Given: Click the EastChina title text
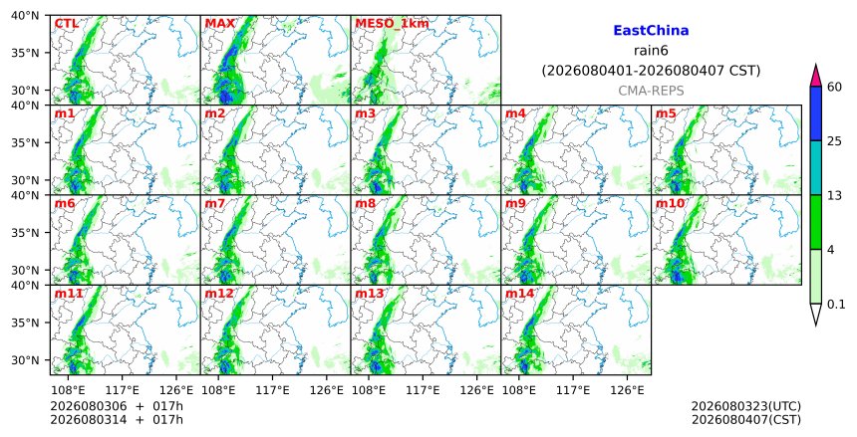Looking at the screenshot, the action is [651, 31].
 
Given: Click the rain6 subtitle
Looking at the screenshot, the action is [651, 51].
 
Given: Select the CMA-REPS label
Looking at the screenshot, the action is [651, 92].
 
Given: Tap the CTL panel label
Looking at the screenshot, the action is [67, 24].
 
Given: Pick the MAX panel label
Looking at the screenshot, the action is [219, 24].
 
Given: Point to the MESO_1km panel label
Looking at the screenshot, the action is [392, 24].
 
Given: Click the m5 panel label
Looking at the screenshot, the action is [666, 113].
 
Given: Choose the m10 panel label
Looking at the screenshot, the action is [670, 204].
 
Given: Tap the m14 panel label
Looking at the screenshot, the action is [519, 294].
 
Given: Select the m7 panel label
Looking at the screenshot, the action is [215, 204].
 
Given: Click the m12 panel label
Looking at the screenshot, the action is [218, 294].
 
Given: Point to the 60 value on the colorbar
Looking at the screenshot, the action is [835, 87].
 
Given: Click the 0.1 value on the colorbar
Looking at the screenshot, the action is [836, 305].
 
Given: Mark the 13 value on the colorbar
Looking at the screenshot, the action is [834, 195].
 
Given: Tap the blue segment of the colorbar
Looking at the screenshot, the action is [816, 113].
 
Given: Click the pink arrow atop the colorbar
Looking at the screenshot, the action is [816, 77].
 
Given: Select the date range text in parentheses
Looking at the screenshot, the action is [651, 71].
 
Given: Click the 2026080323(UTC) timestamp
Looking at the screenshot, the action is [746, 406].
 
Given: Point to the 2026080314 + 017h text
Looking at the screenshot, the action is [117, 420].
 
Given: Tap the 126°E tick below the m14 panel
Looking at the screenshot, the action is [627, 390].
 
